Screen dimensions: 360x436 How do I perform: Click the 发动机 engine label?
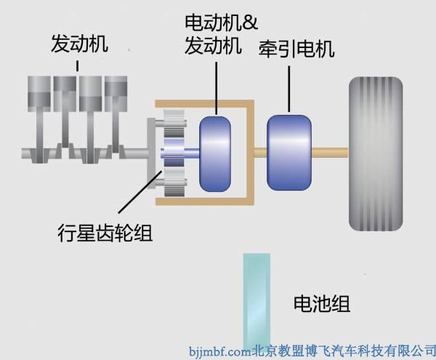pos(79,43)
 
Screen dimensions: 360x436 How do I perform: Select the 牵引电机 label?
pos(296,49)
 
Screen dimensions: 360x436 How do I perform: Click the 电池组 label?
pos(320,303)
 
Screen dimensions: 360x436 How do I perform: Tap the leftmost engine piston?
pos(40,90)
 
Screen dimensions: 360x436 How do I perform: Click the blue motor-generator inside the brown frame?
pos(215,153)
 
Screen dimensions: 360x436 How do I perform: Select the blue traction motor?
pos(288,152)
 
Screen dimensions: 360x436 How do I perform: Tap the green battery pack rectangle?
pos(257,298)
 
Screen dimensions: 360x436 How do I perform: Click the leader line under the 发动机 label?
pos(78,65)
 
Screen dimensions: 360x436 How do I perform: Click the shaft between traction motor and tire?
pos(330,153)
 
